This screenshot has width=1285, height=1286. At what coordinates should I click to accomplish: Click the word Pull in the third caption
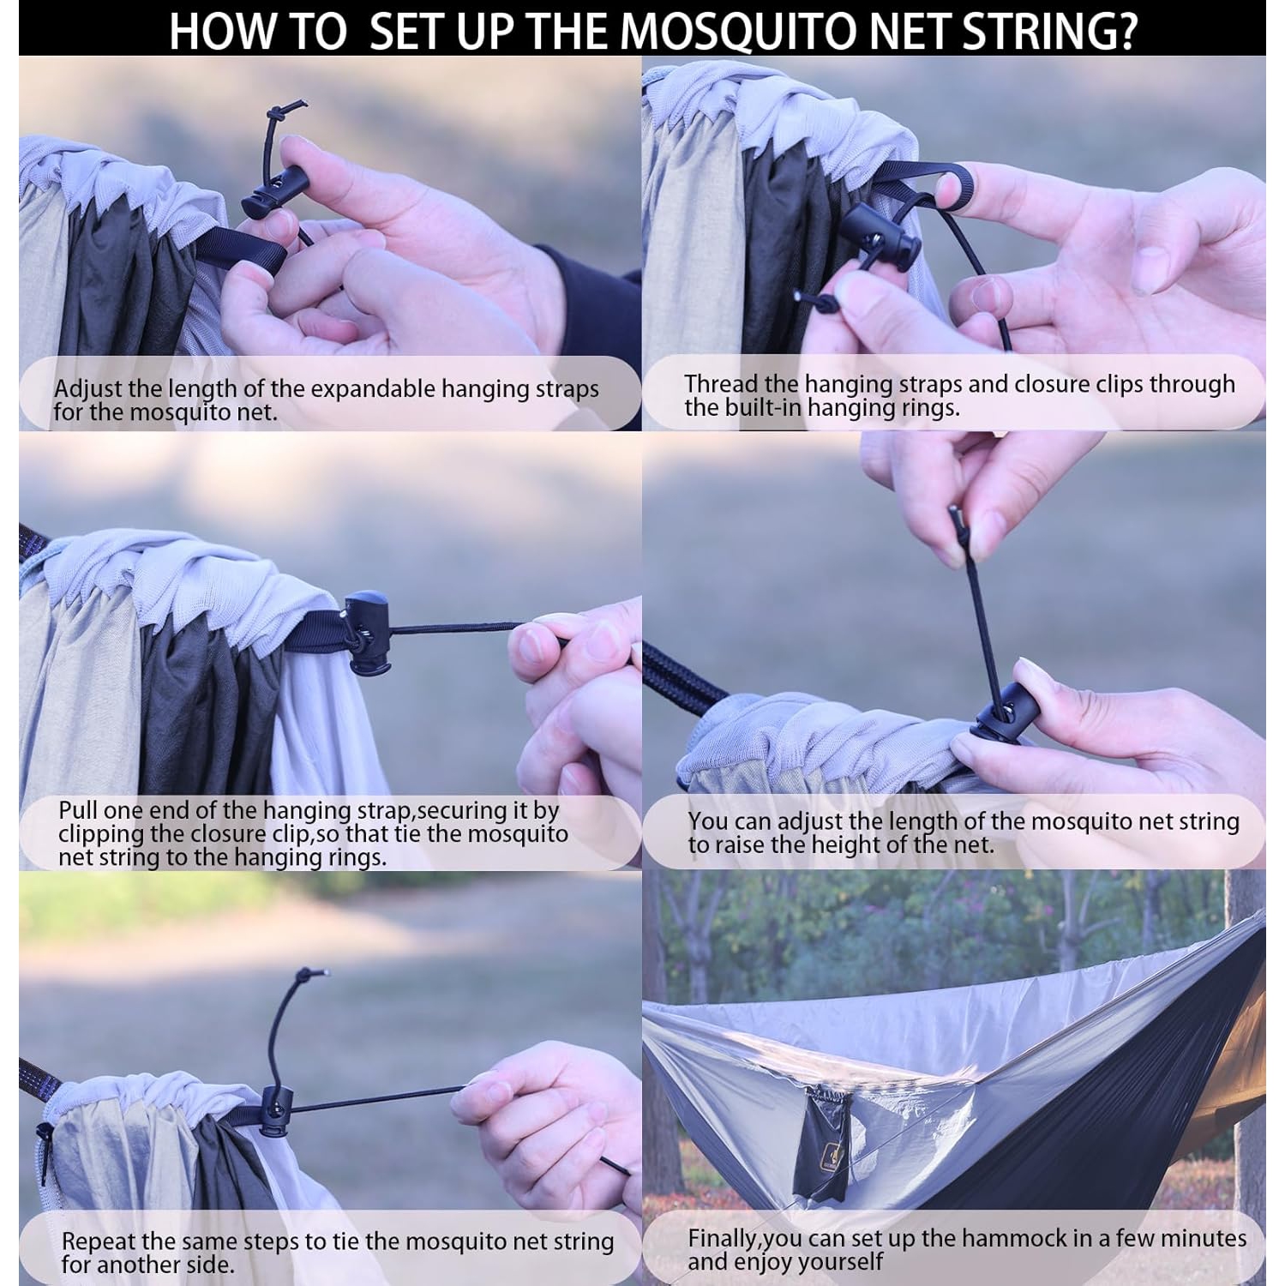[77, 810]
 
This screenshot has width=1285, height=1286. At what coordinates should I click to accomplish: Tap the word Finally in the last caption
[722, 1239]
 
